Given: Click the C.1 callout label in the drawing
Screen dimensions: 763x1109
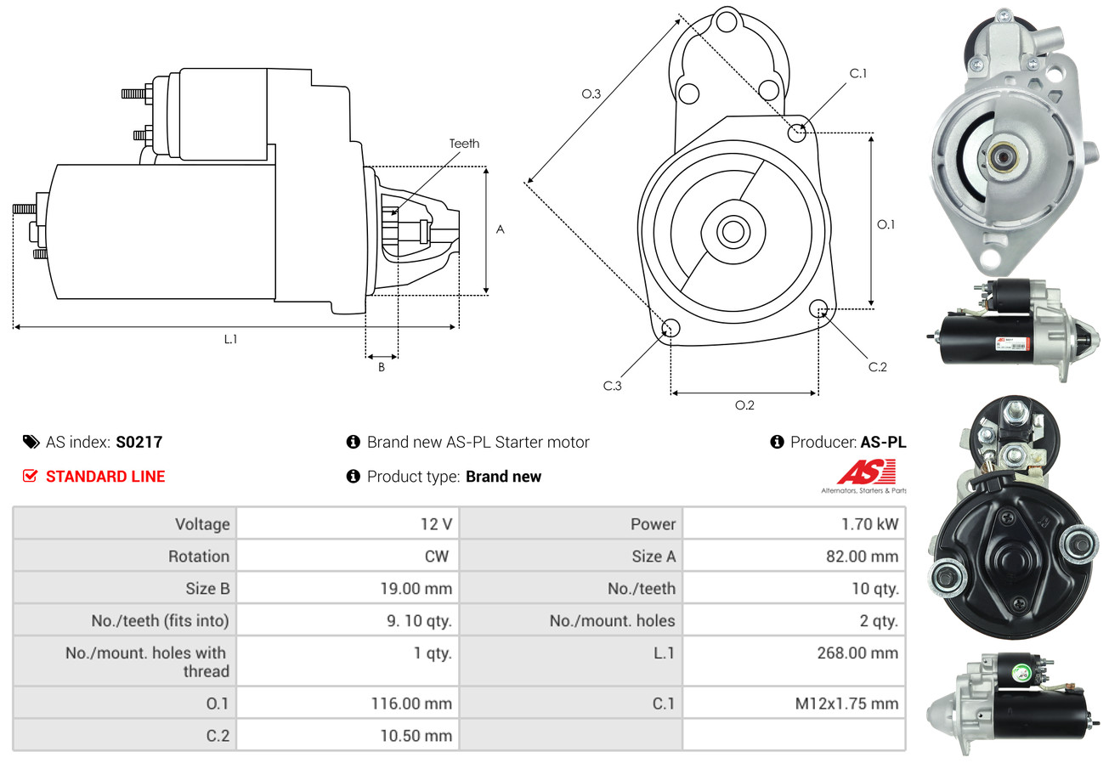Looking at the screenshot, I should pyautogui.click(x=858, y=73).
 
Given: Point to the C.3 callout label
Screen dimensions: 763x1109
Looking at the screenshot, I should pyautogui.click(x=613, y=386).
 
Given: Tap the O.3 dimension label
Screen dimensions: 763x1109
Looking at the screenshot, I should pyautogui.click(x=591, y=94).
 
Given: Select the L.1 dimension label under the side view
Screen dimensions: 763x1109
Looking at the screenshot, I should pyautogui.click(x=230, y=339).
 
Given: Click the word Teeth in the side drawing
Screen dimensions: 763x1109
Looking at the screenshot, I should pyautogui.click(x=464, y=144).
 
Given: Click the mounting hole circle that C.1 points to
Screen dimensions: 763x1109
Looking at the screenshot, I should pyautogui.click(x=797, y=133).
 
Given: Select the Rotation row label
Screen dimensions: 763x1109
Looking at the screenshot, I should pyautogui.click(x=198, y=557).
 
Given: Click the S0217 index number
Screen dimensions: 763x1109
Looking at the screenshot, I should pyautogui.click(x=139, y=442).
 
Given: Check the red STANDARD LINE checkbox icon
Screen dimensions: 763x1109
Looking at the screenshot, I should pyautogui.click(x=30, y=476).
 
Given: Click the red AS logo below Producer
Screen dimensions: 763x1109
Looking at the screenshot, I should pyautogui.click(x=866, y=472).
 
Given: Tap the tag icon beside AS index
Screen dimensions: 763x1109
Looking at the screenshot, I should pyautogui.click(x=31, y=442).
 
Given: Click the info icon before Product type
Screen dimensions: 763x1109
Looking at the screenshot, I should pyautogui.click(x=354, y=476).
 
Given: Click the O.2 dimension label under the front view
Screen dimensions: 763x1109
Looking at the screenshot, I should pyautogui.click(x=744, y=405).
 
